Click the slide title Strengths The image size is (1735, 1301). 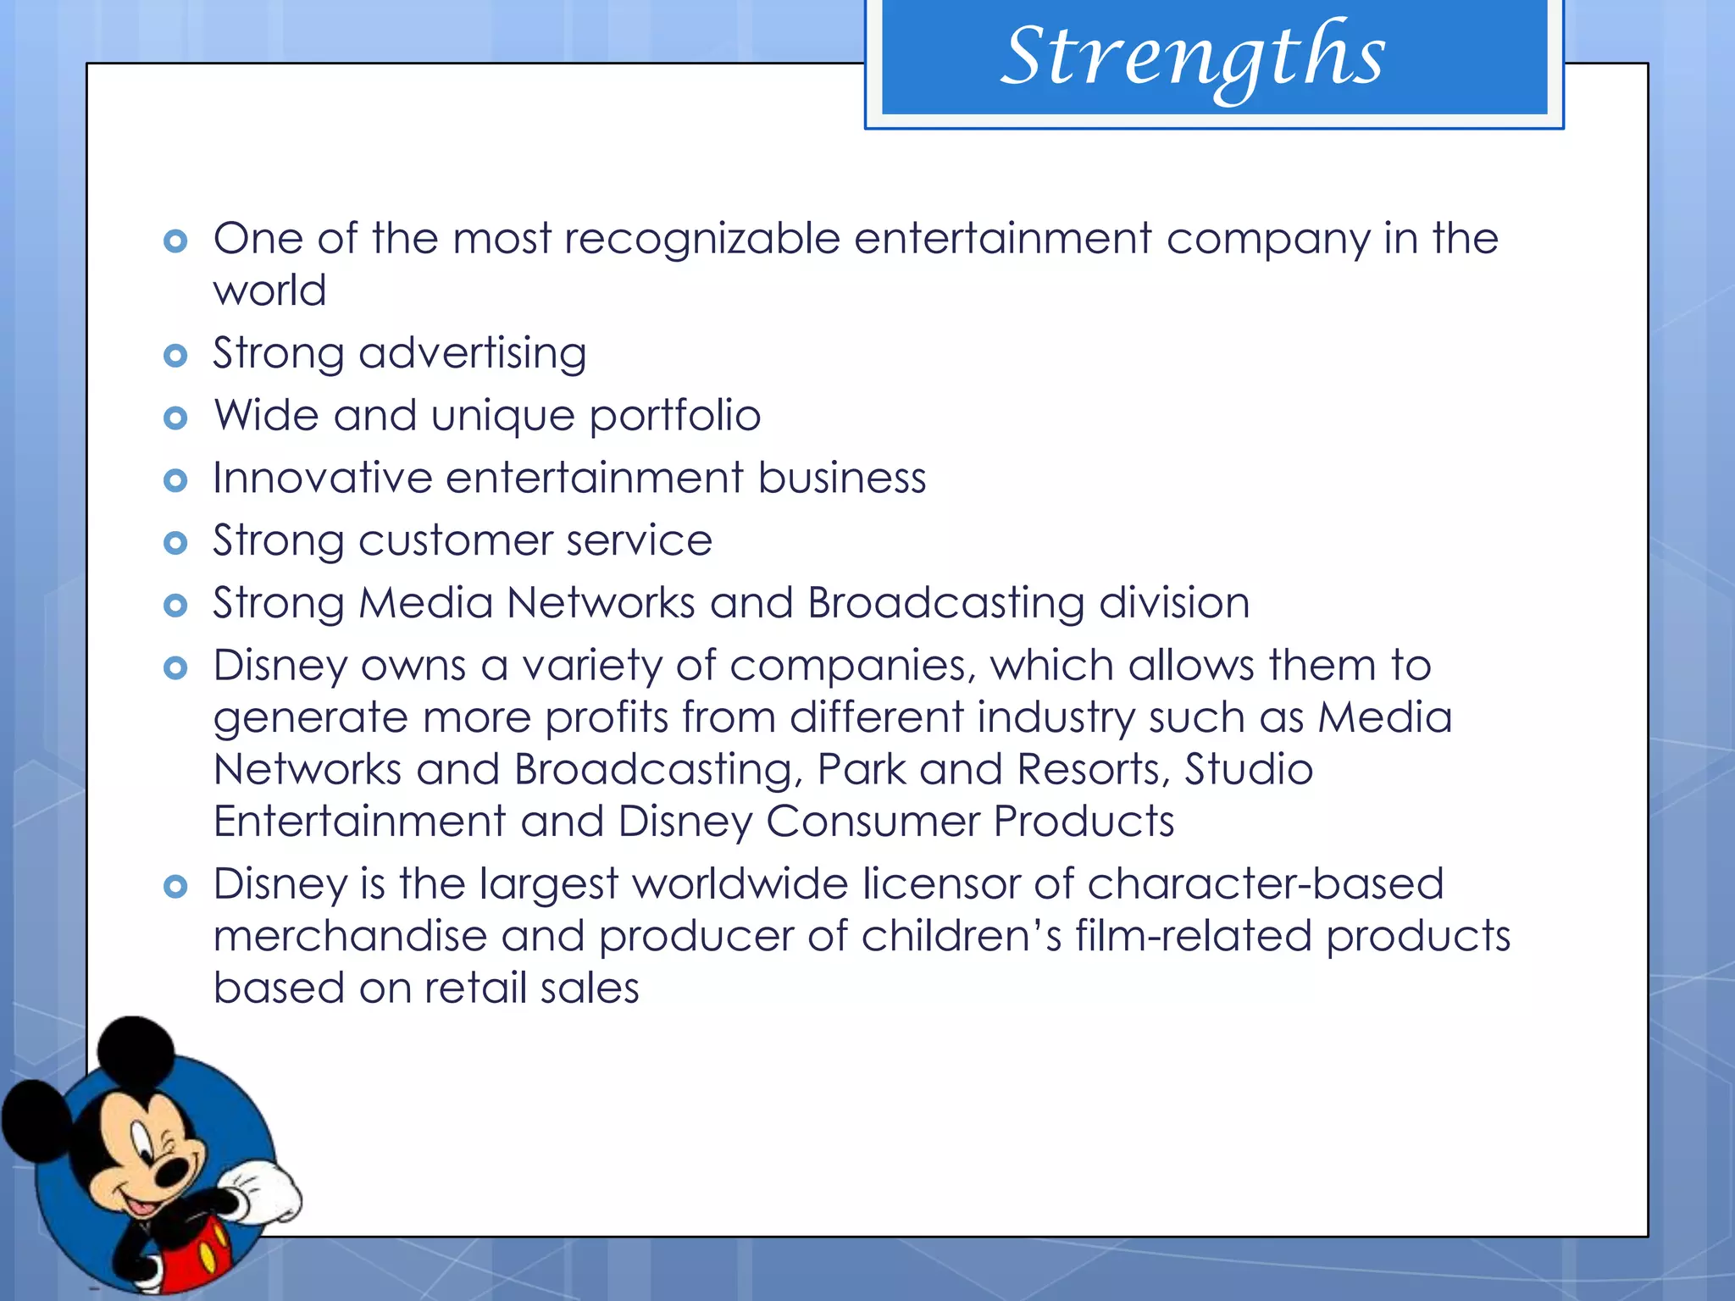tap(1193, 58)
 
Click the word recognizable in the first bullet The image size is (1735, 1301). tap(702, 239)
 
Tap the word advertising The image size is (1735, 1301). tap(472, 354)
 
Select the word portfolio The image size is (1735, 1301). tap(674, 416)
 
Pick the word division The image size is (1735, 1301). tap(1173, 603)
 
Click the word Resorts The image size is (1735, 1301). tap(1093, 770)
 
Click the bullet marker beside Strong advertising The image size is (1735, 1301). tap(175, 355)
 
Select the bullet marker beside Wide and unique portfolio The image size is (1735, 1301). tap(175, 418)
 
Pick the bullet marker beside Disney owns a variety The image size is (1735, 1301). tap(175, 667)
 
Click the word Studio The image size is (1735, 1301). tap(1248, 770)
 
